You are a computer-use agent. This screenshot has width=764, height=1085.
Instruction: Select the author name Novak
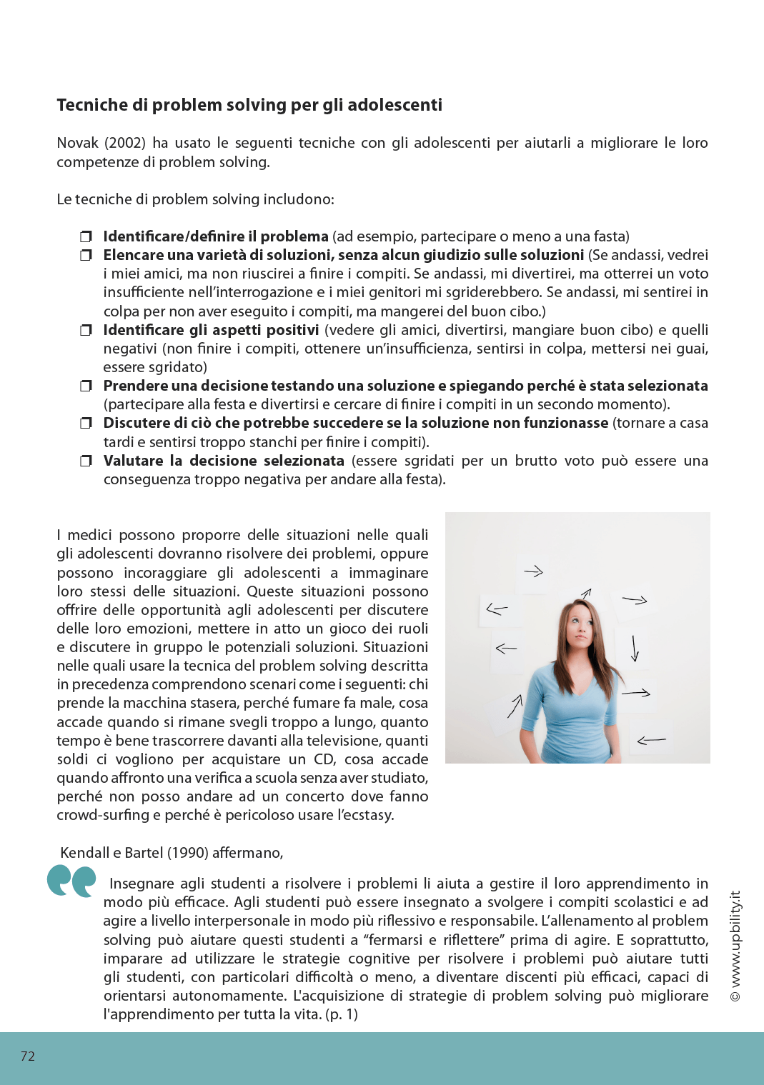tap(77, 143)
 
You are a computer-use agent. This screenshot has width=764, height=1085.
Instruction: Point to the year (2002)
tap(125, 143)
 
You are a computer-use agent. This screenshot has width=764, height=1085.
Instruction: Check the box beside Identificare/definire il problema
tap(86, 236)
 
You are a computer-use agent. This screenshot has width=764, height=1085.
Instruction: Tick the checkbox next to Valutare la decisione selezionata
tap(86, 461)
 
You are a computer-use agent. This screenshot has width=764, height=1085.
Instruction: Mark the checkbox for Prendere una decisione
tap(86, 386)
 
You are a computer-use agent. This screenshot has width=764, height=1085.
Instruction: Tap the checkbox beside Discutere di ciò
tap(86, 423)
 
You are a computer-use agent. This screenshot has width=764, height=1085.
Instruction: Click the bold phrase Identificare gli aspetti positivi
tap(211, 330)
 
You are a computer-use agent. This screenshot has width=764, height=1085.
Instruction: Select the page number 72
tap(28, 1056)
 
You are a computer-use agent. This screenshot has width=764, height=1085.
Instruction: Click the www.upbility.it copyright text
tap(735, 946)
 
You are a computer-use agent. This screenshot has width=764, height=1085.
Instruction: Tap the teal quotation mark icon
tap(71, 881)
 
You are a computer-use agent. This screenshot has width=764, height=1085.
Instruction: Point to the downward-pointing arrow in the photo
tap(634, 648)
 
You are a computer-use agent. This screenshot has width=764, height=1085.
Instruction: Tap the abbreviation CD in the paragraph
tap(324, 759)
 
